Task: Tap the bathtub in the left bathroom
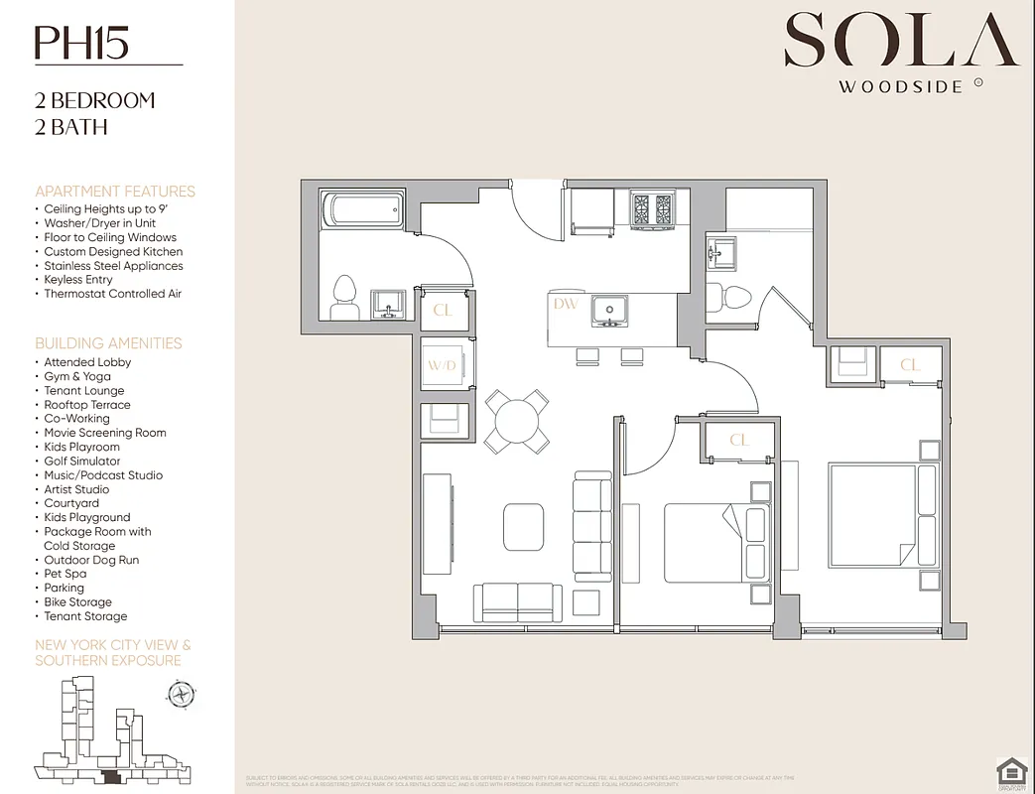tap(362, 209)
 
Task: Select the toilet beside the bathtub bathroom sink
tap(343, 296)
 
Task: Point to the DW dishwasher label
tap(566, 304)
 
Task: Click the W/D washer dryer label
tap(442, 366)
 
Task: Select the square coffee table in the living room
tap(523, 526)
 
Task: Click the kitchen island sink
tap(607, 310)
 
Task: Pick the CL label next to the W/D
tap(443, 311)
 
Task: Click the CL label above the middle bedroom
tap(738, 440)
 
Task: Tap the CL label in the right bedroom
tap(909, 365)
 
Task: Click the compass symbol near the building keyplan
tap(181, 694)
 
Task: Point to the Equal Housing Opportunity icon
tap(1010, 771)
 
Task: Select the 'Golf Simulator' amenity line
tap(82, 462)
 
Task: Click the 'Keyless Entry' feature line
tap(78, 280)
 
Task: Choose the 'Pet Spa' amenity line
tap(65, 574)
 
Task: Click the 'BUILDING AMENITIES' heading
tap(108, 343)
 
